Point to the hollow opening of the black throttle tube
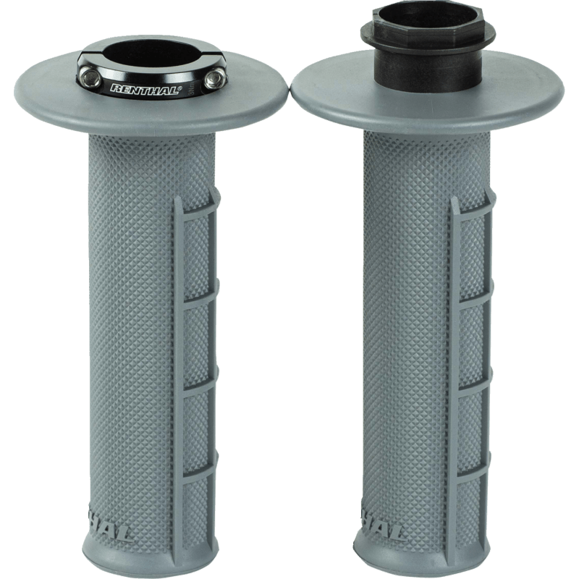(x=428, y=33)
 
